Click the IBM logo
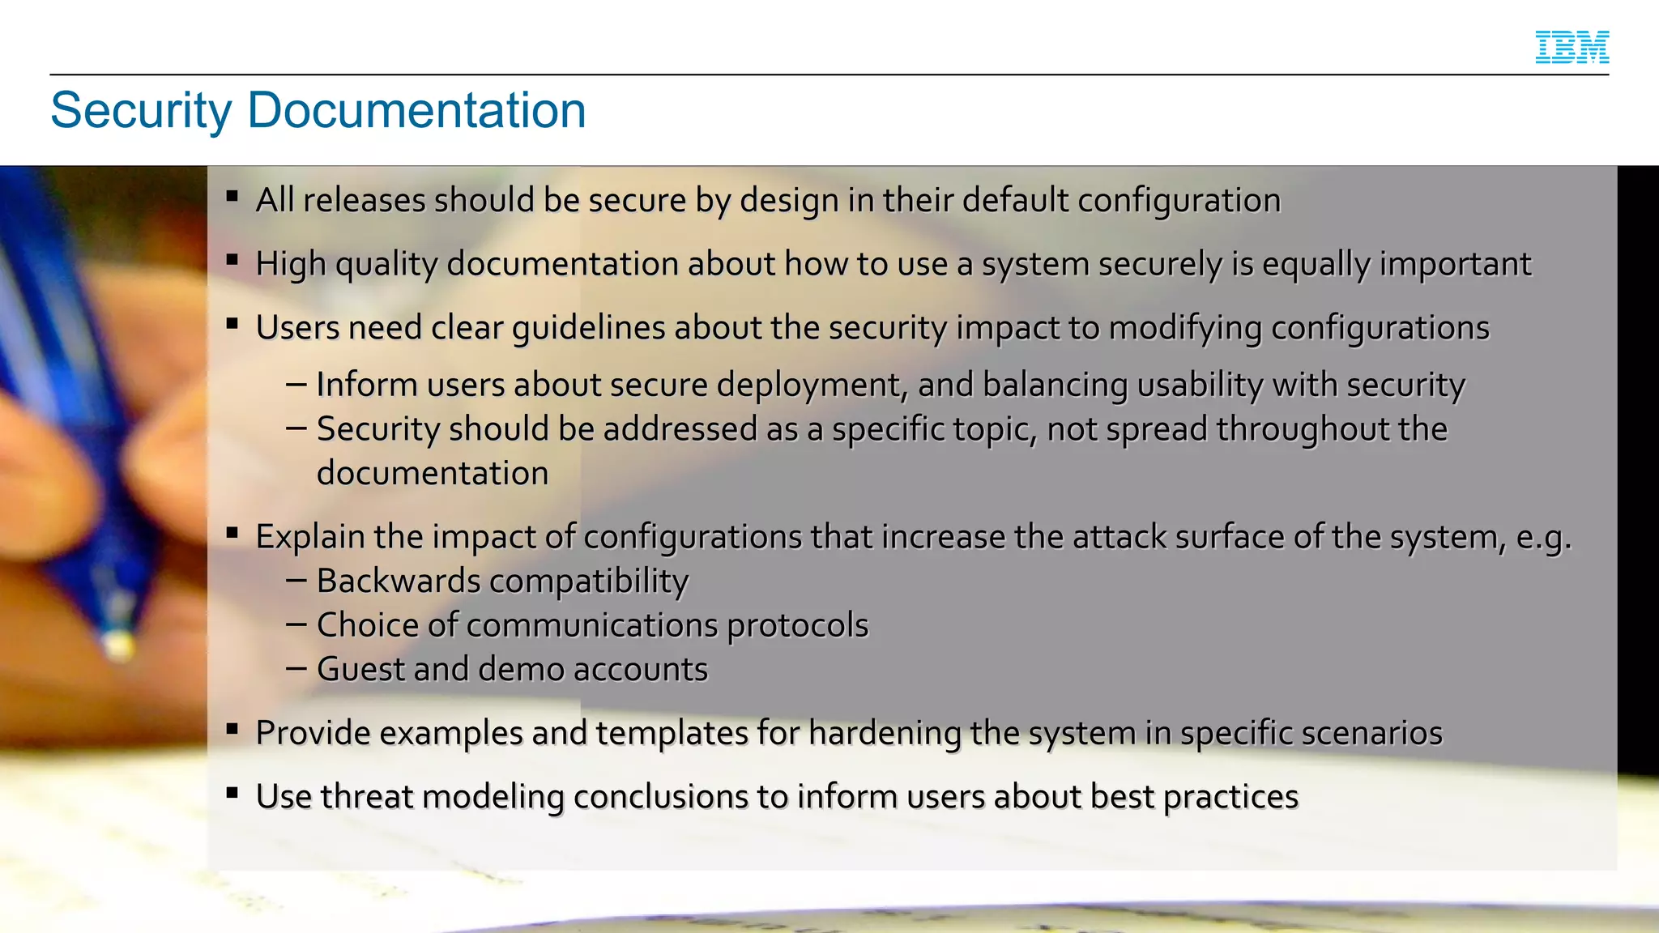click(1572, 47)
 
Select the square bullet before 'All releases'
click(232, 195)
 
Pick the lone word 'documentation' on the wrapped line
click(433, 473)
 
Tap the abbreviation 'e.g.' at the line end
click(1543, 537)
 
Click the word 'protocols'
click(797, 625)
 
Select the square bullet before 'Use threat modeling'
click(232, 792)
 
